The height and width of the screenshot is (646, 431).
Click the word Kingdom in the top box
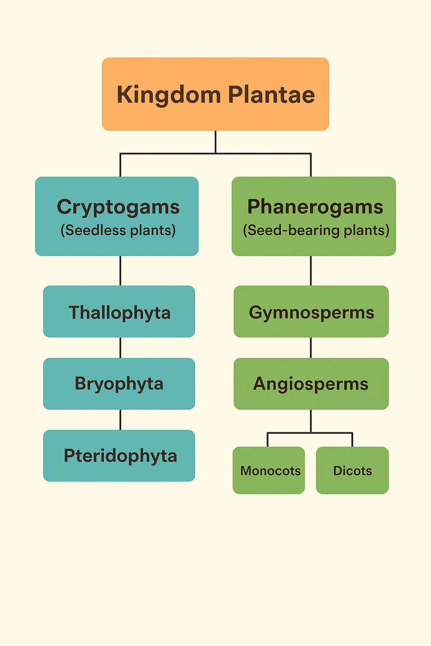pos(168,95)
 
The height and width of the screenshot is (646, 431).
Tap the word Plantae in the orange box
pos(271,95)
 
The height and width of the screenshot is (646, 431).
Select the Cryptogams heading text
pos(118,207)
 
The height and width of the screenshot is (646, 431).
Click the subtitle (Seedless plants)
pos(118,230)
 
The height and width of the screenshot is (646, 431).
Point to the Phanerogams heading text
pos(315,207)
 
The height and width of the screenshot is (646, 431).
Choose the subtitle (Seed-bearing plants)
pos(316,230)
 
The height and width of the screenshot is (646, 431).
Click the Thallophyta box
pos(119,312)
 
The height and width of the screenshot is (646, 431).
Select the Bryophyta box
pos(119,384)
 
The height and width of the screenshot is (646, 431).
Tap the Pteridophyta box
pos(119,456)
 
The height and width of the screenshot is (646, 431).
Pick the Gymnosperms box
pos(311,312)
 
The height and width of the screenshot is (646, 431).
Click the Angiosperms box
pos(311,384)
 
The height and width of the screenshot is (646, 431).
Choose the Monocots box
pos(269,470)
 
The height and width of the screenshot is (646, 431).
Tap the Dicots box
pos(352,470)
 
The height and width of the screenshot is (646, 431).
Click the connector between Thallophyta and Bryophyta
pos(120,347)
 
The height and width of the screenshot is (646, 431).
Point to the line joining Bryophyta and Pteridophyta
pos(120,420)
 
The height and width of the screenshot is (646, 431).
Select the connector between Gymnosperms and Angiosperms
pos(311,347)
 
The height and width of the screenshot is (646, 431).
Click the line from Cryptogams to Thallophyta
pos(120,270)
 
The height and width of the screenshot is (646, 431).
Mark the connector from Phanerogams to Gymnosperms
pos(311,270)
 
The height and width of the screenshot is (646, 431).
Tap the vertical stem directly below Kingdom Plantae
pos(215,142)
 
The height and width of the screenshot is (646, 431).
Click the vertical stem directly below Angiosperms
pos(311,421)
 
